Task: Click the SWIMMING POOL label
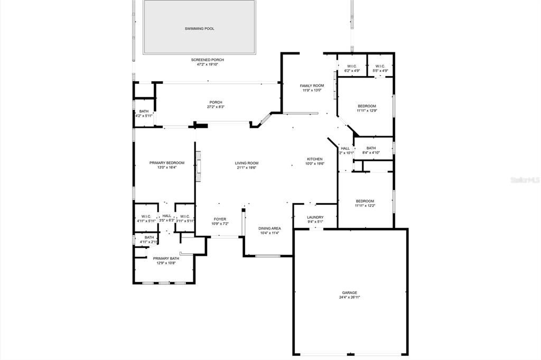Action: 199,29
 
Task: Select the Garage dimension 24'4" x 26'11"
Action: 349,297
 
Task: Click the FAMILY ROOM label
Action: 312,86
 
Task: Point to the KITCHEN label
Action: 315,159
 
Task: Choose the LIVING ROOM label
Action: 247,163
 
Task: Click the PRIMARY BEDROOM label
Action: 167,163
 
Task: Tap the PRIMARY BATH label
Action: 166,258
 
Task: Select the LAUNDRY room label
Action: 315,217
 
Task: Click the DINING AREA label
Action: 269,228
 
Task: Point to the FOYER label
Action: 220,219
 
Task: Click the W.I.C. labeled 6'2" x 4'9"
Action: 352,66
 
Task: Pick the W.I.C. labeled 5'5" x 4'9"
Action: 380,66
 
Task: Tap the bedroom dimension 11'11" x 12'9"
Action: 366,111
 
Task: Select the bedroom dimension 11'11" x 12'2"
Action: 365,206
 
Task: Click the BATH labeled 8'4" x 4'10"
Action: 371,148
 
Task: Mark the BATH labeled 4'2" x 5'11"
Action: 144,111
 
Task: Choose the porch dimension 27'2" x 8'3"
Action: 216,107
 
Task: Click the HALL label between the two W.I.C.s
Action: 166,216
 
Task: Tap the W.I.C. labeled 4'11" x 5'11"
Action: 146,216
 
